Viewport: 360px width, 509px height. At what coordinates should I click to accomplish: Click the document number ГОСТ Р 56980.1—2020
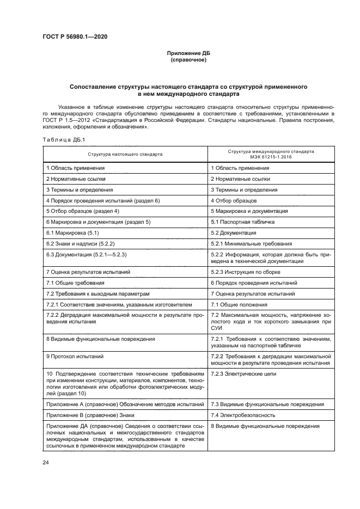[76, 36]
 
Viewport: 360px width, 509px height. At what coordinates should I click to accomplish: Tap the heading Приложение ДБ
[188, 53]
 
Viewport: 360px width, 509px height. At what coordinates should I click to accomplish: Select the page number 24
[46, 462]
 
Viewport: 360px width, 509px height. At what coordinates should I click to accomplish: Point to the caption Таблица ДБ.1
[62, 140]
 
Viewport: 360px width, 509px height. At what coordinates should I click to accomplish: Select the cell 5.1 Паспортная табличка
[242, 222]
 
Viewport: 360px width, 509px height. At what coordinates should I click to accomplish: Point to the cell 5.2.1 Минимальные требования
[251, 243]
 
